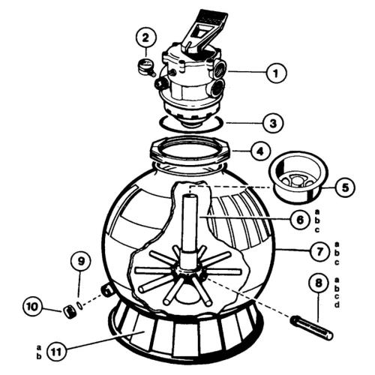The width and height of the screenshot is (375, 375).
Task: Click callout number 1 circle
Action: [276, 73]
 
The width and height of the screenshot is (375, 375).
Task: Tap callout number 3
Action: [276, 120]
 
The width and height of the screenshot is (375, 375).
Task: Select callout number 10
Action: [34, 307]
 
